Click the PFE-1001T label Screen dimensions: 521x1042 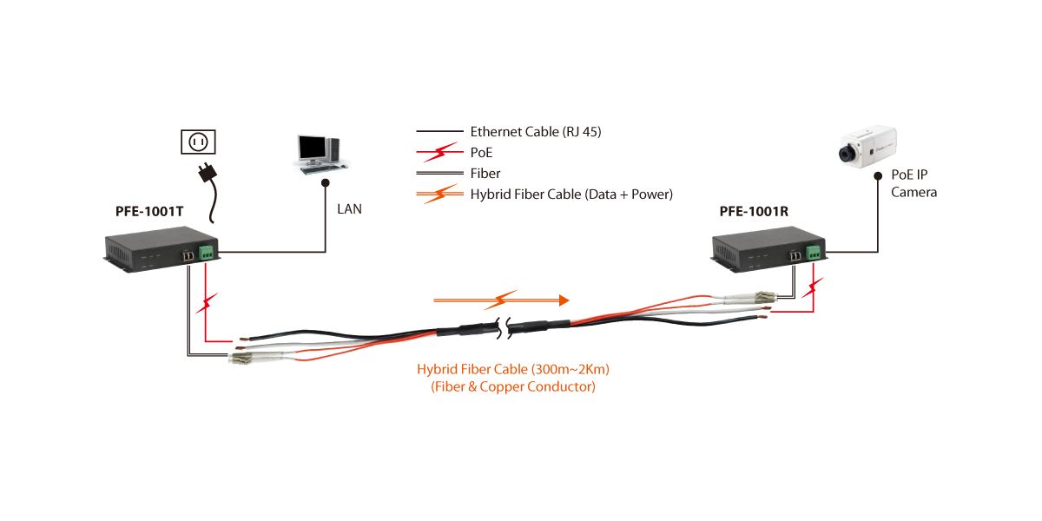pyautogui.click(x=149, y=210)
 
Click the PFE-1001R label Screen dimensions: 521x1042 pyautogui.click(x=753, y=211)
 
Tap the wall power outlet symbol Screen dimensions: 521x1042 pyautogui.click(x=197, y=142)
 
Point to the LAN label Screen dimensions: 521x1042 pyautogui.click(x=350, y=209)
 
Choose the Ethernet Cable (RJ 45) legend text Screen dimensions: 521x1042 pyautogui.click(x=535, y=132)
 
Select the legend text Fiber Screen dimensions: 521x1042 pyautogui.click(x=485, y=174)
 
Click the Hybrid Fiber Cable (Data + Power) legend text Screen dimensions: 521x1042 pyautogui.click(x=571, y=195)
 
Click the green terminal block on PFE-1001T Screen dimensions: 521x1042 pyautogui.click(x=208, y=253)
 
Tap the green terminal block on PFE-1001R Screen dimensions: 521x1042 pyautogui.click(x=813, y=253)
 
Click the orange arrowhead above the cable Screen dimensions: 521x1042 pyautogui.click(x=564, y=300)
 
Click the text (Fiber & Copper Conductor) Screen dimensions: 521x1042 pyautogui.click(x=513, y=387)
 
